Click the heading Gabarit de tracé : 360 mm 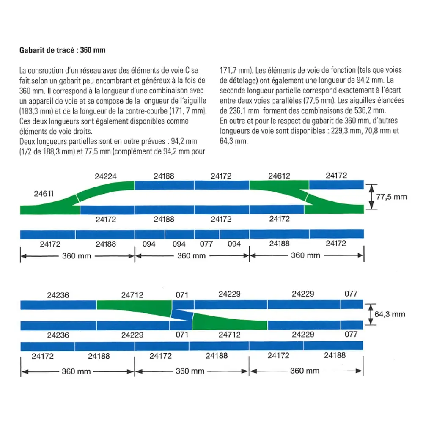[x=62, y=50]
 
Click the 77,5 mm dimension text [x=391, y=197]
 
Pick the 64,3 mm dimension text [x=390, y=314]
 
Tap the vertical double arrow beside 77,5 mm [x=371, y=197]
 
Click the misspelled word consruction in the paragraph [x=47, y=70]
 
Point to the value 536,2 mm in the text [x=371, y=111]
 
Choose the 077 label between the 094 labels [x=206, y=244]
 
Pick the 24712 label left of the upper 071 [x=132, y=294]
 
